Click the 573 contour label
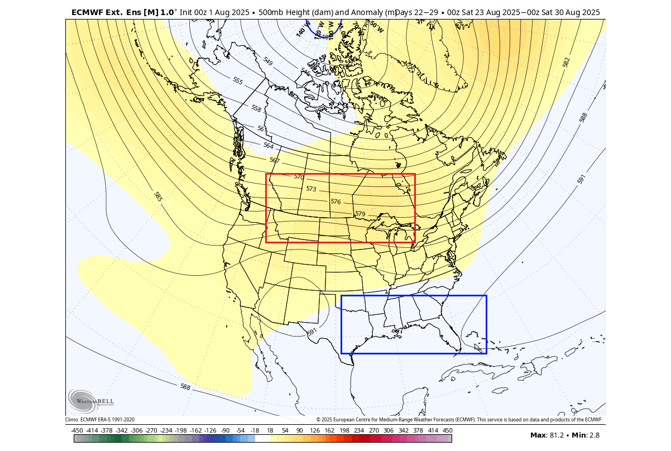311,189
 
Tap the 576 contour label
335,201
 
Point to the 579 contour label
360,214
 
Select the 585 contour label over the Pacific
158,196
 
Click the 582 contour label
567,62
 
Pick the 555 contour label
238,80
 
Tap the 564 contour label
269,146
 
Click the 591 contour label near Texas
312,332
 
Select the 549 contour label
268,61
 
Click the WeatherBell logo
90,401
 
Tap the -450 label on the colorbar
77,430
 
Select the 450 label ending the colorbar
448,430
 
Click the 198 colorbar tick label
344,430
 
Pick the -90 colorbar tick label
226,430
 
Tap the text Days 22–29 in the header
418,12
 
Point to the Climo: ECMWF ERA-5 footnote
100,420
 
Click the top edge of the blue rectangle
414,296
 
